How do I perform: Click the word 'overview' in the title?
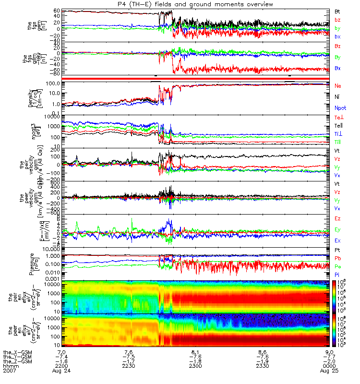(x=259, y=4)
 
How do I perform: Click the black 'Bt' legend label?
(x=337, y=11)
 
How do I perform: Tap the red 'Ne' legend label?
(x=337, y=85)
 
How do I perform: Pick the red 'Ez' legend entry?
(x=337, y=219)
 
